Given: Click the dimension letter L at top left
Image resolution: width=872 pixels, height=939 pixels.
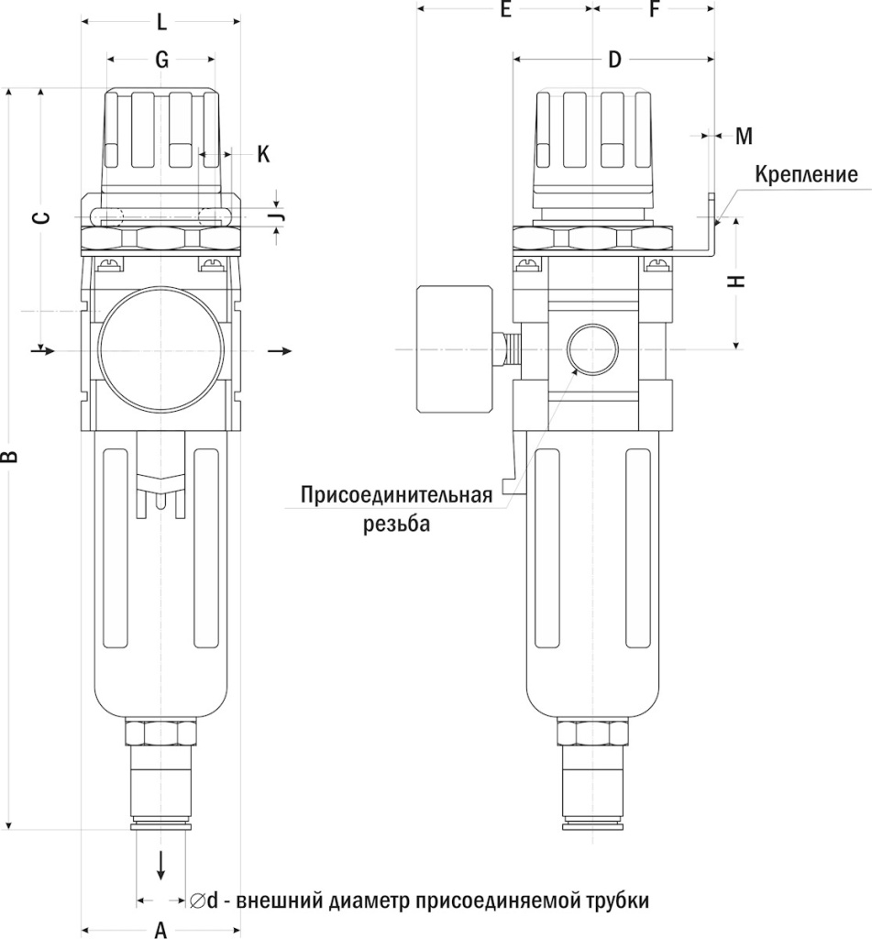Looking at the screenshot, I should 161,20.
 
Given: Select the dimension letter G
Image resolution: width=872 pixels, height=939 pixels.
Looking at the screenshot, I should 161,61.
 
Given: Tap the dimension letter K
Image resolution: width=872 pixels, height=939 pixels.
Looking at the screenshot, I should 263,153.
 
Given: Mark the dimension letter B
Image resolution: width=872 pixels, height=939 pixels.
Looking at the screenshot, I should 10,456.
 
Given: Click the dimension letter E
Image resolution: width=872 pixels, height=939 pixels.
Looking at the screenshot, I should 505,10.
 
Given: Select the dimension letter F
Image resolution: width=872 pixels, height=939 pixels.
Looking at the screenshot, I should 654,10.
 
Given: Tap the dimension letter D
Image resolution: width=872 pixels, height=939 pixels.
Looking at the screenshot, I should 614,61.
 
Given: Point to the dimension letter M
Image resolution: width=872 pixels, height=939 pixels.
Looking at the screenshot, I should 744,137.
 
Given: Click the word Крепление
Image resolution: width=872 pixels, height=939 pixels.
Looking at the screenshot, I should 806,175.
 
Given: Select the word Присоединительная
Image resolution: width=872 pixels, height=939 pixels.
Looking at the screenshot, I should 397,496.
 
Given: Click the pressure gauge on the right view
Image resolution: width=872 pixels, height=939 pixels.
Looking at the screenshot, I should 455,348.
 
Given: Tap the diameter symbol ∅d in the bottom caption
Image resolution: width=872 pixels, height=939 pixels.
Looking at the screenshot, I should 204,900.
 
